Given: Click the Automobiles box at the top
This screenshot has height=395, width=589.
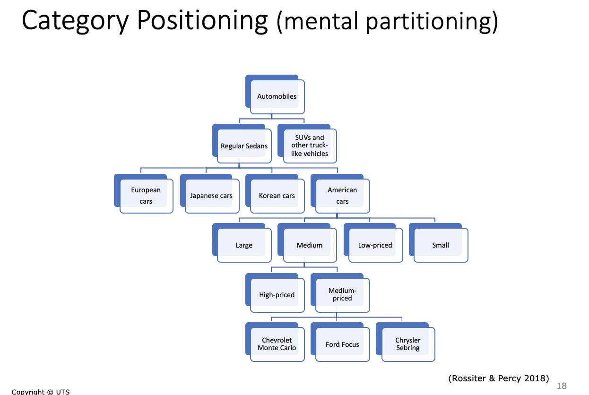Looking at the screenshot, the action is point(275,94).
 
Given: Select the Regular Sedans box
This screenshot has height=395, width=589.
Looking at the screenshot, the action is point(242,144).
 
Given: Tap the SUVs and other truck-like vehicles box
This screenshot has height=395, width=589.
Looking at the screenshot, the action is point(307,144).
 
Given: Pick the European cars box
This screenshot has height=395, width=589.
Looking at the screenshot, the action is point(144,194).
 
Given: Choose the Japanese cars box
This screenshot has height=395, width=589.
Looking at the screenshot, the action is point(210,194).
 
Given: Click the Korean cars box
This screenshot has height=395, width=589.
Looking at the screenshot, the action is point(275,194).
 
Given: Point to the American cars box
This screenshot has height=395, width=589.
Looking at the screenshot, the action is point(340,194).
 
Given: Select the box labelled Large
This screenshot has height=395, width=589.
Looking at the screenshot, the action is point(242,243).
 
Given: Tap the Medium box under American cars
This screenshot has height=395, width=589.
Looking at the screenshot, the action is point(307,243).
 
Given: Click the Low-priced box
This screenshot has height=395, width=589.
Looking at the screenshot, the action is point(373,243).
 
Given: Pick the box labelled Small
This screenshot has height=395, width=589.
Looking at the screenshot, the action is point(439,243).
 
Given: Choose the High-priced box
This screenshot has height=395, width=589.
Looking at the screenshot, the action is point(275,293).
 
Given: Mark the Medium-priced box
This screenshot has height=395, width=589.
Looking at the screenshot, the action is point(340,293).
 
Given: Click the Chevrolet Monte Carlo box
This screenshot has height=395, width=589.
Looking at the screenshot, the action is point(275,342).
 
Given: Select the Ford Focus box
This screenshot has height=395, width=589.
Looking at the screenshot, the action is point(340,342).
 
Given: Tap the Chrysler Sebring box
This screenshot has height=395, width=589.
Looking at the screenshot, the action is point(406,342).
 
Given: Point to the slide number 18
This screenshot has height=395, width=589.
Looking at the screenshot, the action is point(562,386).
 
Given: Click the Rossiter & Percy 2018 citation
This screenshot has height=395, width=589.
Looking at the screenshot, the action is point(499,378).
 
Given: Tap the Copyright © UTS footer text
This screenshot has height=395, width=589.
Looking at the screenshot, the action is point(41,392).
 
